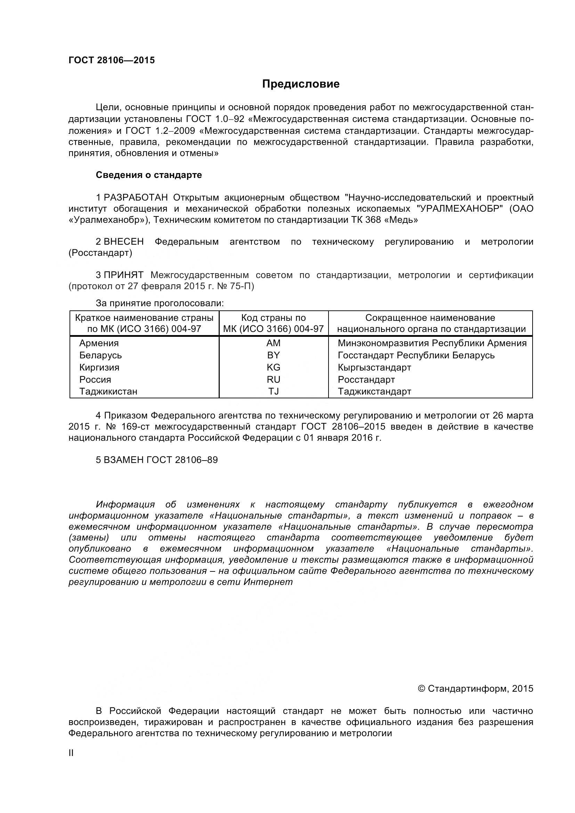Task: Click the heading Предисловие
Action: pos(301,84)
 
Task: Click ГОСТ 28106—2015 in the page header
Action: pos(112,60)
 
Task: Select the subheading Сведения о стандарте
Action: pos(149,175)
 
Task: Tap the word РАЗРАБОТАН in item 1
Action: pos(136,197)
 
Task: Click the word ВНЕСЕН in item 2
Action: pos(123,242)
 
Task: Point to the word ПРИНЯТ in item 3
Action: pos(123,275)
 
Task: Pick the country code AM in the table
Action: pos(273,343)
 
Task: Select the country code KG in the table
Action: pos(273,367)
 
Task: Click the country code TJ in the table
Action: pos(273,391)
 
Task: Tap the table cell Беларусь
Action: pos(100,355)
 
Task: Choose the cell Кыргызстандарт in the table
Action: pos(374,367)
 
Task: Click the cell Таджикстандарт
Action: pos(374,391)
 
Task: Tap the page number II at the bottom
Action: pos(71,753)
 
